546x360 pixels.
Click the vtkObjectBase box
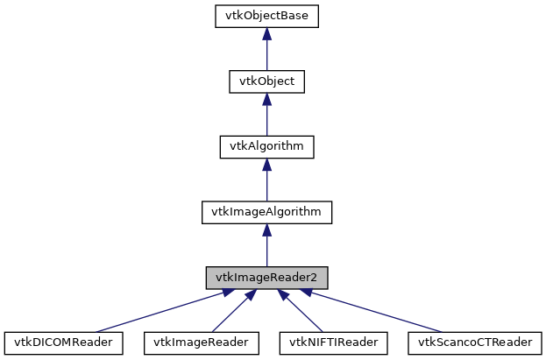[266, 17]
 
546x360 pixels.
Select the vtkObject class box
[266, 81]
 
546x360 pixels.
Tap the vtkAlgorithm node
[266, 146]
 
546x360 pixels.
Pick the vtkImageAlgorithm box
[266, 211]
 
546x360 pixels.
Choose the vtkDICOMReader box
[63, 342]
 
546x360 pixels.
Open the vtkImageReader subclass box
[201, 342]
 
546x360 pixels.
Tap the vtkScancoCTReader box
[474, 342]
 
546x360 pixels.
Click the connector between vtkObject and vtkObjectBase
[266, 54]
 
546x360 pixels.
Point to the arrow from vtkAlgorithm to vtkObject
[266, 119]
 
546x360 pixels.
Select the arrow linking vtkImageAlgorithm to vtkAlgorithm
[266, 184]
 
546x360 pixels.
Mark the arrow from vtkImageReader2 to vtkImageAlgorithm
[266, 250]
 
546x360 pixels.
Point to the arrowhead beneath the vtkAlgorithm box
[266, 164]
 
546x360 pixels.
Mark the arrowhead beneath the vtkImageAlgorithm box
[266, 229]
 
